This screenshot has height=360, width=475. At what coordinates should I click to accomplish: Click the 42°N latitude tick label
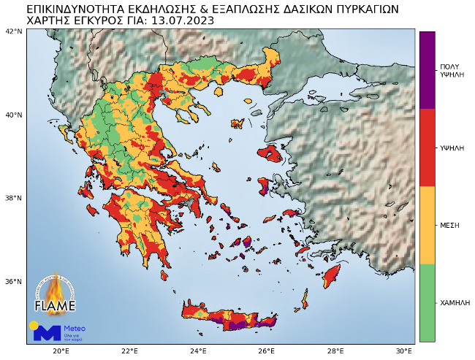(14, 31)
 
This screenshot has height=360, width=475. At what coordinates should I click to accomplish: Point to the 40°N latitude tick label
(14, 115)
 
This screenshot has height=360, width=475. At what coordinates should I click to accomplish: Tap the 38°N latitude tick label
(14, 198)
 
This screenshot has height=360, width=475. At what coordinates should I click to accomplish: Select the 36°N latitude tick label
(14, 281)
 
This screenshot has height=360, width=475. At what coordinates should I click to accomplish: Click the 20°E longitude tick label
(61, 351)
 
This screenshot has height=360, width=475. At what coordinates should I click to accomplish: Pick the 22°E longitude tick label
(130, 351)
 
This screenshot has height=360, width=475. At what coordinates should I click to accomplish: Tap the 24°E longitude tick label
(198, 351)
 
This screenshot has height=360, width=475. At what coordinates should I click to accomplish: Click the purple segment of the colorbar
(427, 70)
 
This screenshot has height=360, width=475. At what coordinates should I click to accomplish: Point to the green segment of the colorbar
(427, 302)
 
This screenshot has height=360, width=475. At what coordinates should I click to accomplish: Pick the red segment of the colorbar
(427, 148)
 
